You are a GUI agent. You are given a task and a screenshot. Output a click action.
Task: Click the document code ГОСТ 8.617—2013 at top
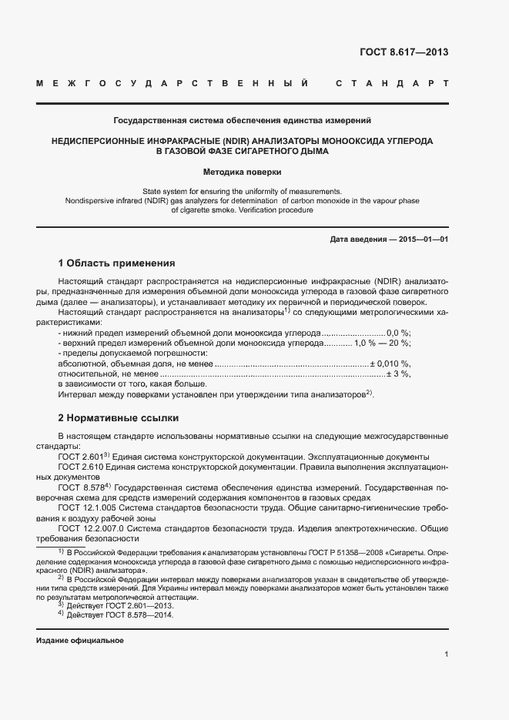(x=404, y=52)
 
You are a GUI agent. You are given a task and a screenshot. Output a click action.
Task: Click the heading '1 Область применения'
(x=116, y=263)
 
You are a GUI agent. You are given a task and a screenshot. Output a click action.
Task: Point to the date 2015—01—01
(x=423, y=239)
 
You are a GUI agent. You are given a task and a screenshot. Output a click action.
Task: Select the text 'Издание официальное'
(x=80, y=641)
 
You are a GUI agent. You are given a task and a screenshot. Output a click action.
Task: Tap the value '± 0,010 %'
(x=390, y=363)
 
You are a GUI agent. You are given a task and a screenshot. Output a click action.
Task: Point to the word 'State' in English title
(x=155, y=190)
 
